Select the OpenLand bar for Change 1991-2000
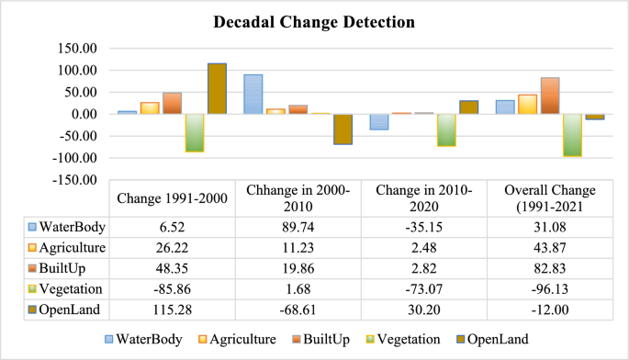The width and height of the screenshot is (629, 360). (217, 88)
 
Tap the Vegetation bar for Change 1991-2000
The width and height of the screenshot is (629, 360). (194, 132)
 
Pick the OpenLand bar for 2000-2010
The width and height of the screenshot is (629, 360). (343, 129)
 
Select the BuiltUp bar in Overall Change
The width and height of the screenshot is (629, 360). (549, 96)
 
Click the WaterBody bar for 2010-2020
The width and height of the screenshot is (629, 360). (378, 122)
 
